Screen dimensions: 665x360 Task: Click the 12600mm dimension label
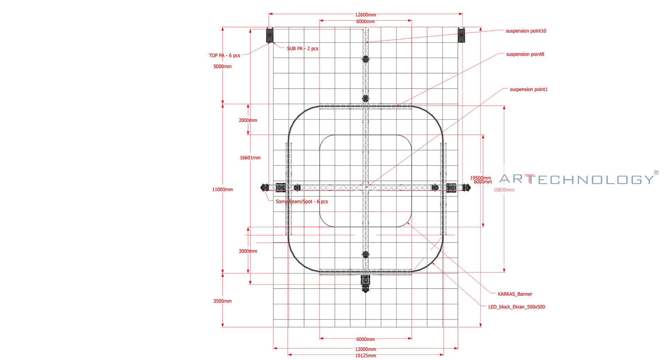point(365,15)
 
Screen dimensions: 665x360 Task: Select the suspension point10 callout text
point(526,31)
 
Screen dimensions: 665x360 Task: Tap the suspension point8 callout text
point(525,54)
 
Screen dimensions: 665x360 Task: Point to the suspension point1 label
point(529,89)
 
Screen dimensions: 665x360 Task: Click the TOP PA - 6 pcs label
point(224,55)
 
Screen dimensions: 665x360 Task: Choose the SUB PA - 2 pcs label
point(302,49)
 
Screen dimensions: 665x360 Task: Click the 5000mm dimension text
point(222,67)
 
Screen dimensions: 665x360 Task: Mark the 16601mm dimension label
point(250,158)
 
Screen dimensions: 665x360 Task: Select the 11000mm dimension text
point(222,190)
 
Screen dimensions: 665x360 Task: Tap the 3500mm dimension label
point(222,301)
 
